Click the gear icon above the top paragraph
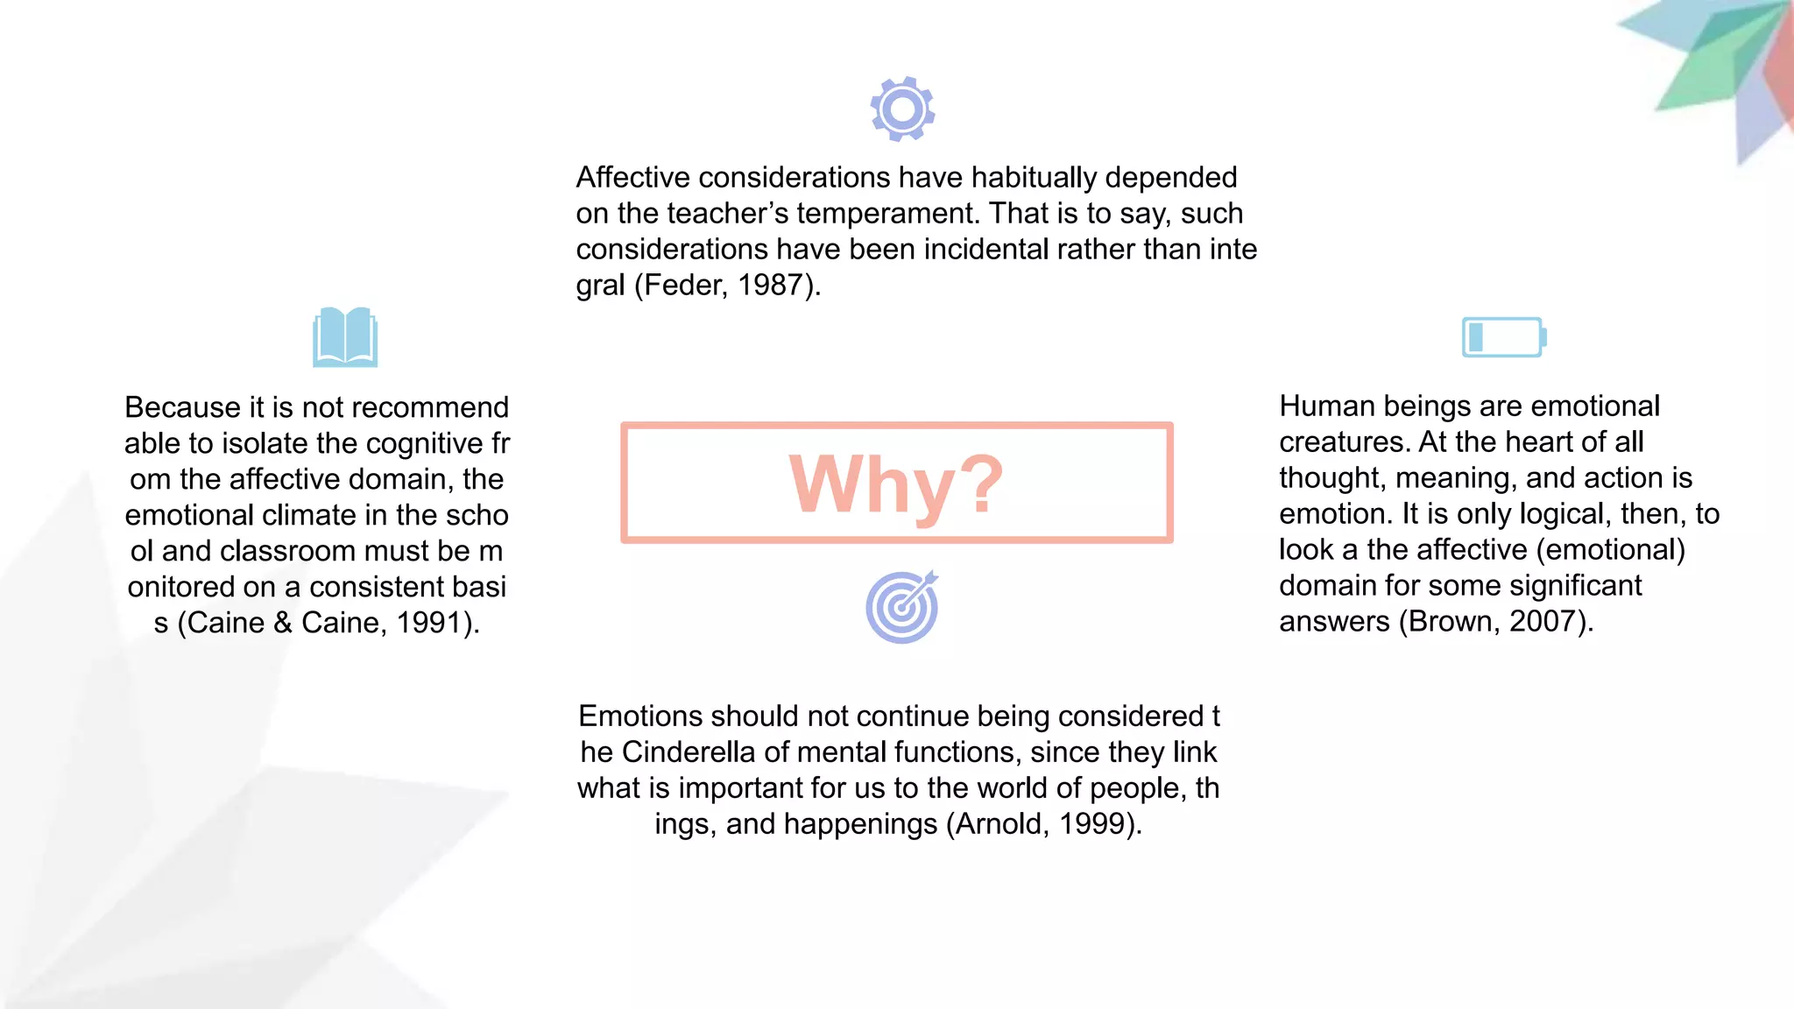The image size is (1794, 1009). [x=902, y=109]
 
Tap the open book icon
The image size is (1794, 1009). [x=345, y=337]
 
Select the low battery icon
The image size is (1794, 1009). [x=1503, y=337]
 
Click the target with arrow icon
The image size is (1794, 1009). [x=902, y=608]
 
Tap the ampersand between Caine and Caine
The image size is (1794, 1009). [x=282, y=623]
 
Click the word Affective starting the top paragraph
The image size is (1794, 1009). [x=633, y=178]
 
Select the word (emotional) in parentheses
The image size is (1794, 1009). [x=1611, y=550]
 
